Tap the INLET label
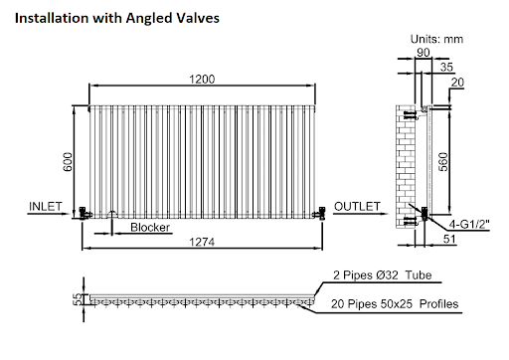[x=47, y=206]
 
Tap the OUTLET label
[x=357, y=206]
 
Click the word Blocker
[x=149, y=228]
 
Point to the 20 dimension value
[x=457, y=84]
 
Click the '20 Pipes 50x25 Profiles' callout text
[x=401, y=303]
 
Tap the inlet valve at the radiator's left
[x=85, y=210]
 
